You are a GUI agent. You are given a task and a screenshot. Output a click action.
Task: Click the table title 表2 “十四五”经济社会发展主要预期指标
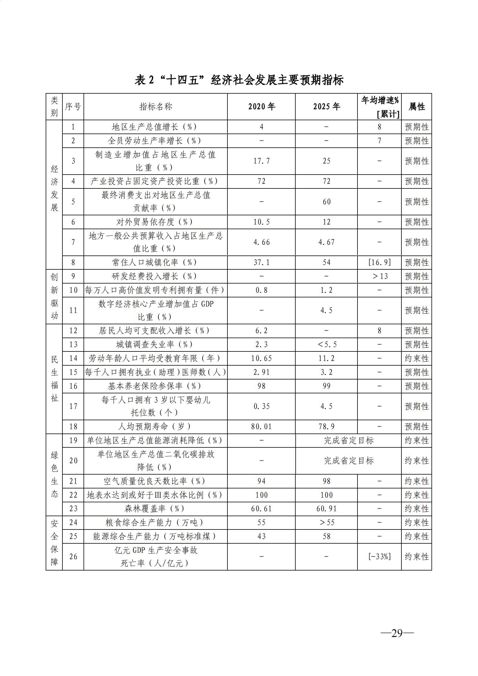239,80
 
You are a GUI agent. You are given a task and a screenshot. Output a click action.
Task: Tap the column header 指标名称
155,107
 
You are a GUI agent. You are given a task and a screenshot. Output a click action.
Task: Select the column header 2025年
326,107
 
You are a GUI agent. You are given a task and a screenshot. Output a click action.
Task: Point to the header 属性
416,107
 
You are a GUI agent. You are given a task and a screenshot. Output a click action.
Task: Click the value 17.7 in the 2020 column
261,161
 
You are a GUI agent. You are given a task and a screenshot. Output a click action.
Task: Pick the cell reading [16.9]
379,262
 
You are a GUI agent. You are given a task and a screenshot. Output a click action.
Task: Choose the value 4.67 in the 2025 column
326,242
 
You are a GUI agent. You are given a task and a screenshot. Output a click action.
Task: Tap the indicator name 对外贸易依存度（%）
155,222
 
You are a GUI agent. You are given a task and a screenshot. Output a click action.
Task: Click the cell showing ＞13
379,277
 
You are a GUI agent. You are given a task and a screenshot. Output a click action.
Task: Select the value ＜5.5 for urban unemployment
326,345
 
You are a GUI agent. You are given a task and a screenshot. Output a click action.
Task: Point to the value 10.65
261,358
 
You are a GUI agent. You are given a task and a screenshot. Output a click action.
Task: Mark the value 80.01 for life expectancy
261,427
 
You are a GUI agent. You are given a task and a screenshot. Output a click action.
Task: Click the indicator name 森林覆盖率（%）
155,508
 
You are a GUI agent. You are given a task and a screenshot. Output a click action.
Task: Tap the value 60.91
326,508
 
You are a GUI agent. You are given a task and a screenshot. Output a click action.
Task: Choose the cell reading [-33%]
379,556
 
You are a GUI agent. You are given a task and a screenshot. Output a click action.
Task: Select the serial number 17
73,406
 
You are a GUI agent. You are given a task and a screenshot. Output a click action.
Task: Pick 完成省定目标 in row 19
349,440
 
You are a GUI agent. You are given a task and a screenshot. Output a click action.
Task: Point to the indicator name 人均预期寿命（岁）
155,427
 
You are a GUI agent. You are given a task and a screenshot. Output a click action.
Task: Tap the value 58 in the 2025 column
326,536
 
